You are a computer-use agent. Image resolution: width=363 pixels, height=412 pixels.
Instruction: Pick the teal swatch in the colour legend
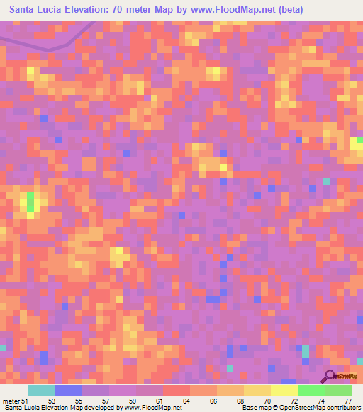point(42,390)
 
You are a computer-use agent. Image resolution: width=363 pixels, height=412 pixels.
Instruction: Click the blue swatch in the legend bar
point(69,390)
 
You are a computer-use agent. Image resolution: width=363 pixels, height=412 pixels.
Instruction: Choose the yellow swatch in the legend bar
point(284,390)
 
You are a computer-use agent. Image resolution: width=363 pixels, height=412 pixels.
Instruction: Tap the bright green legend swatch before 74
point(311,390)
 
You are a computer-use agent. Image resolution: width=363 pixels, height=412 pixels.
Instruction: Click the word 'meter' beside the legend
point(11,401)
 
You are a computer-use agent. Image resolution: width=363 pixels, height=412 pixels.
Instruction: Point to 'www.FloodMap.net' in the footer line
point(145,408)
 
